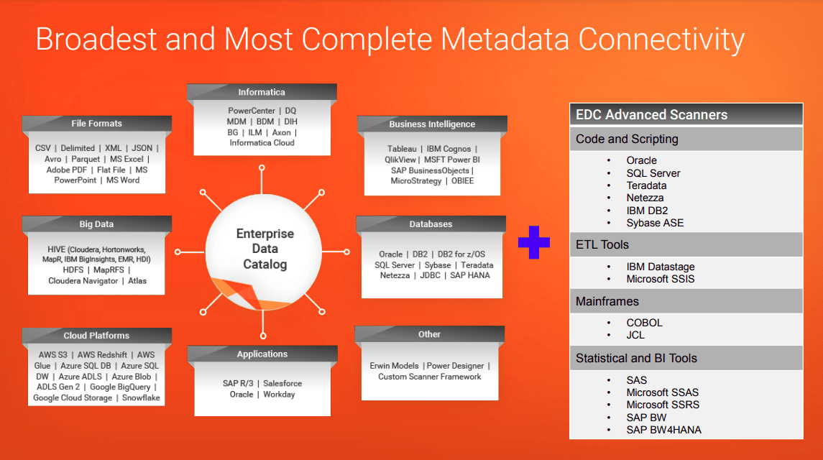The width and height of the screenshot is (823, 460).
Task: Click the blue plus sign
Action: [533, 242]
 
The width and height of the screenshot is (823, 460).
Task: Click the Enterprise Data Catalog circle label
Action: [265, 249]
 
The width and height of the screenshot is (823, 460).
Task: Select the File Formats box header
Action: [96, 124]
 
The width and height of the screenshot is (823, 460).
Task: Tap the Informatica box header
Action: [262, 92]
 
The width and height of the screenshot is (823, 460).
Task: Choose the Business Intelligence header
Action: [432, 124]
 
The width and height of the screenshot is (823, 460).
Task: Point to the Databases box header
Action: [431, 224]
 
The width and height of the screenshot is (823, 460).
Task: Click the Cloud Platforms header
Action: [96, 336]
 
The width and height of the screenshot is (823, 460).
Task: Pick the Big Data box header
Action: [96, 224]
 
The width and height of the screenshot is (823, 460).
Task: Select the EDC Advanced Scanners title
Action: [651, 115]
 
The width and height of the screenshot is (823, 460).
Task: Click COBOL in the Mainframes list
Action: [644, 323]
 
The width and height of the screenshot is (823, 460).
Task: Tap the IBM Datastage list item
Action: [660, 267]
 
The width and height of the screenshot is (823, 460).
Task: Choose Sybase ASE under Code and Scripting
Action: [655, 223]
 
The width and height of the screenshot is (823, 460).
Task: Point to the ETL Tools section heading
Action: [602, 245]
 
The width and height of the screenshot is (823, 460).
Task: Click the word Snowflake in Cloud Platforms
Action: [141, 397]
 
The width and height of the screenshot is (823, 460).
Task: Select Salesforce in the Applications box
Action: [282, 384]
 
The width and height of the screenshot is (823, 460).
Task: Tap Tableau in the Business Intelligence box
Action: [402, 149]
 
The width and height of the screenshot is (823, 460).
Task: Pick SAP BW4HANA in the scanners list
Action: [663, 430]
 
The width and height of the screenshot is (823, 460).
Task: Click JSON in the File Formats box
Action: [142, 148]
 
